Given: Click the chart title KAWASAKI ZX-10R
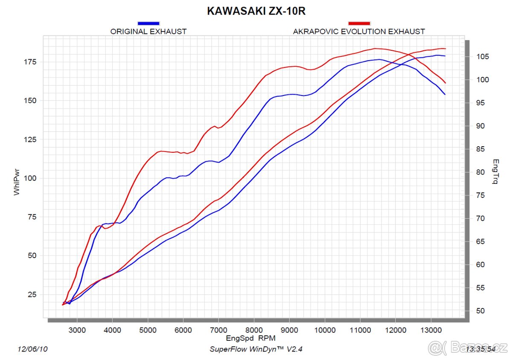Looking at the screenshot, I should [x=256, y=11].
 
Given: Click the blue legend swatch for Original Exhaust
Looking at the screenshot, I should [x=148, y=23].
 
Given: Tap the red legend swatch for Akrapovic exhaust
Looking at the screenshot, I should [x=359, y=23].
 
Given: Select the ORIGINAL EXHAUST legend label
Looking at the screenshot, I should [x=148, y=31].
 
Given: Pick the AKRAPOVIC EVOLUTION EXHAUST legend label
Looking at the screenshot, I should [x=359, y=31].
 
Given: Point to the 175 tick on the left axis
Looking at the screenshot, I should [x=31, y=62].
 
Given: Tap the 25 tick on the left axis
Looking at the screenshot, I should [x=32, y=295].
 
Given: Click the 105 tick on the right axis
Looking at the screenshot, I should [x=483, y=57].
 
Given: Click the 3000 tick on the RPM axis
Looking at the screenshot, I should [x=77, y=330].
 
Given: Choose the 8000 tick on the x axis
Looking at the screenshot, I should [x=254, y=330].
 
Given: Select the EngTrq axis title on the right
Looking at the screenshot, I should [x=495, y=172].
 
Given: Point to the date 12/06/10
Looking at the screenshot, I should [x=32, y=349].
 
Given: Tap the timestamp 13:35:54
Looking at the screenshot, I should [x=481, y=349].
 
